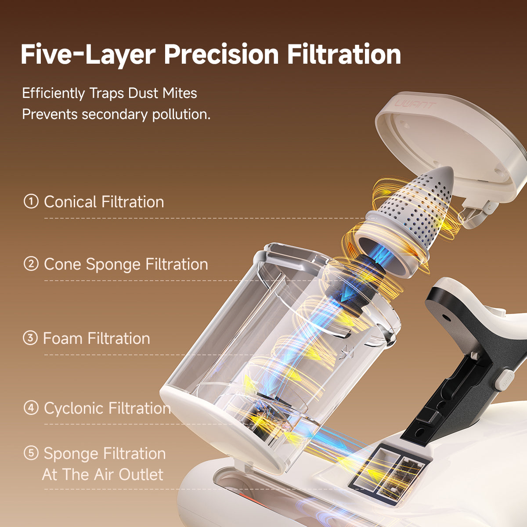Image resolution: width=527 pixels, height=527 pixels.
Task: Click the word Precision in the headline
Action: (x=221, y=54)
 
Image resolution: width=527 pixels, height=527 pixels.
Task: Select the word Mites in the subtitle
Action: (x=180, y=93)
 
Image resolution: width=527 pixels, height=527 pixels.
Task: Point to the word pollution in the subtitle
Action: (x=181, y=114)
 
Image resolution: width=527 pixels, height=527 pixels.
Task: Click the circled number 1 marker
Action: (x=31, y=201)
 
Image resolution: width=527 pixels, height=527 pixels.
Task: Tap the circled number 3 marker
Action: (x=30, y=337)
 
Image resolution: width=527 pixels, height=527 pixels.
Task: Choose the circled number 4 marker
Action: (x=31, y=408)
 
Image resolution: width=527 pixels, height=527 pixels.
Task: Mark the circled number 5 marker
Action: (x=31, y=453)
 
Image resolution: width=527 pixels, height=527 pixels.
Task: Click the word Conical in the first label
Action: (x=70, y=202)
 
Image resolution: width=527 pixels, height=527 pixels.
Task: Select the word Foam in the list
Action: (x=63, y=338)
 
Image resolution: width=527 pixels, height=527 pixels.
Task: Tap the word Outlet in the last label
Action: (x=141, y=474)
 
